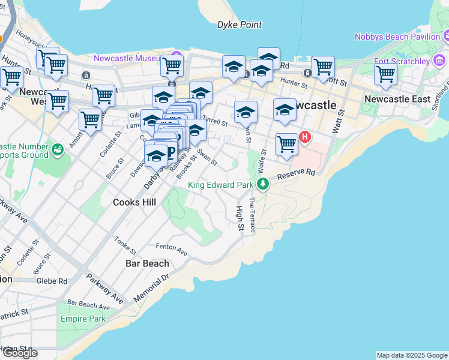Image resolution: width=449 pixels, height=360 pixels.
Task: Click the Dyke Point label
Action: tap(240, 25)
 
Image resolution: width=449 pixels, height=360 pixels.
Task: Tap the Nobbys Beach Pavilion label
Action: tap(397, 37)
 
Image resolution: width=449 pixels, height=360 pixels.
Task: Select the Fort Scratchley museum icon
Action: tap(441, 61)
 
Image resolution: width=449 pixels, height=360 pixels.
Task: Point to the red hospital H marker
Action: tap(305, 137)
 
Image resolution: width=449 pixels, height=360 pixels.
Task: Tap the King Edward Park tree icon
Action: tap(262, 183)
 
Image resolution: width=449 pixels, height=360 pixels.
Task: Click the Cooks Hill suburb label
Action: tap(134, 202)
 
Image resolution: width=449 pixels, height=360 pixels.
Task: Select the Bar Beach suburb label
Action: tap(147, 263)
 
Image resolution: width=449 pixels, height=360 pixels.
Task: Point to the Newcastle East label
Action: tap(397, 98)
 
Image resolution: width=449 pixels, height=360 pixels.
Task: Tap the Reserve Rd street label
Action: tap(296, 174)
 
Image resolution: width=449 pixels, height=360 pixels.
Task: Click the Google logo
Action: tap(20, 353)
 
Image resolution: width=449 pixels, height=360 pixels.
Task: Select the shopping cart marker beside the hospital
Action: tap(287, 144)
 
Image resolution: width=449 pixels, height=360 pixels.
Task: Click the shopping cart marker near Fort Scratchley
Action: tap(385, 74)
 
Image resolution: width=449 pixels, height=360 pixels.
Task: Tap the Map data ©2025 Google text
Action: tap(411, 355)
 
